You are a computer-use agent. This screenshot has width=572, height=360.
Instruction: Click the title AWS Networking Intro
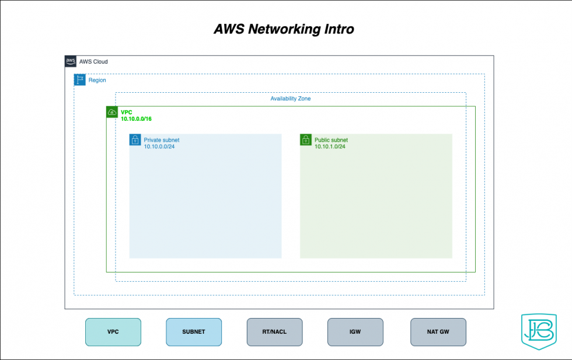tap(284, 29)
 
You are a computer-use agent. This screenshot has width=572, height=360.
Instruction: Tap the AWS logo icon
tap(71, 61)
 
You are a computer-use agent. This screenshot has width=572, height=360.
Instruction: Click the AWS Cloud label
tap(93, 62)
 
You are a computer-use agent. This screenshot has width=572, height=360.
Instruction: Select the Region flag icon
tap(80, 80)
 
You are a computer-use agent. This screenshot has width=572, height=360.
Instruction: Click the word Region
tap(97, 81)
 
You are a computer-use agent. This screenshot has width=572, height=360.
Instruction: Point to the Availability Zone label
tap(290, 99)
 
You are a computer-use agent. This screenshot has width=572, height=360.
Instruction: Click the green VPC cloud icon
tap(112, 112)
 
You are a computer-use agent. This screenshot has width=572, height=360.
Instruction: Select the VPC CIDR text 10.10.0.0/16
tap(137, 119)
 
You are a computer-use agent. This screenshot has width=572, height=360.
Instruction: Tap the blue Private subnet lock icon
tap(135, 140)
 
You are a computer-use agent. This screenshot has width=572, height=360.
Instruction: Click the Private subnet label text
tap(162, 140)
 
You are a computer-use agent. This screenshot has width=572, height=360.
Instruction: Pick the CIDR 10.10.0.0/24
tap(159, 147)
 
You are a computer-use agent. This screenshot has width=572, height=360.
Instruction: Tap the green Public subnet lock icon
tap(306, 140)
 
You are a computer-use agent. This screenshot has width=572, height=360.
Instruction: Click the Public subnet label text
tap(331, 140)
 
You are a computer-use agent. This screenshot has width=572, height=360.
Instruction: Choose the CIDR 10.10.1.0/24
tap(330, 147)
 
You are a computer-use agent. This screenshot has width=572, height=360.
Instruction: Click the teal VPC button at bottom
tap(113, 331)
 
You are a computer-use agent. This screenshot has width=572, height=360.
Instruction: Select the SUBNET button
tap(194, 331)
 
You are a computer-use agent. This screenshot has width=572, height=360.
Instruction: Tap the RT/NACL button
tap(274, 331)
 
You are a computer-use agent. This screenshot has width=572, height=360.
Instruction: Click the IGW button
tap(355, 331)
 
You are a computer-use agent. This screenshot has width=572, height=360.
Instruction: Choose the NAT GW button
tap(438, 331)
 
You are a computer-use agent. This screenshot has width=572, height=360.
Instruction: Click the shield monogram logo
tap(538, 333)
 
